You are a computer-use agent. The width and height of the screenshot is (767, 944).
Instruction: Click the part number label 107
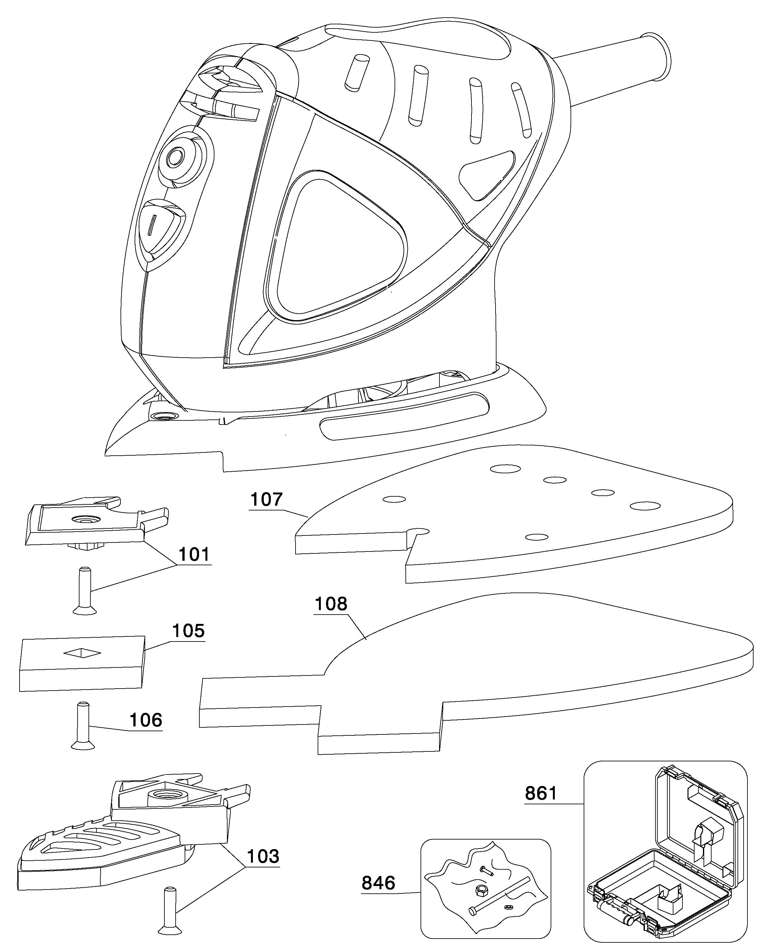266,500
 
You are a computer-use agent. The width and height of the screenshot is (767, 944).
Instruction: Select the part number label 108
331,604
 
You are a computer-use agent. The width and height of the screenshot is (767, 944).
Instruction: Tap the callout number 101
195,554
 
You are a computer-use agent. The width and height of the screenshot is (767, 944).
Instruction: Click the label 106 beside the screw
146,720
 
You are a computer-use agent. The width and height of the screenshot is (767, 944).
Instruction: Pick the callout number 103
263,856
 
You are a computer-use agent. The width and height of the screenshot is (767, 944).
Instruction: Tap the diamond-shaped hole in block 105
82,652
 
